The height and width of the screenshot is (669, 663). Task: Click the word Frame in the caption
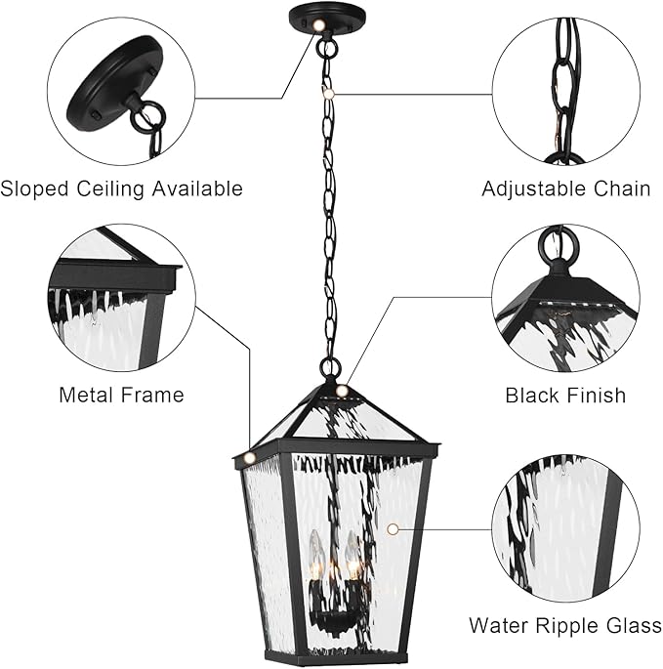(152, 396)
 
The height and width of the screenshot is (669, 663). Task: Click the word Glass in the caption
(632, 625)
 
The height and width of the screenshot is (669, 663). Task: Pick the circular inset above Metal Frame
(121, 298)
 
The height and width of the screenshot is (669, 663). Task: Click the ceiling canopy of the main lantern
(325, 18)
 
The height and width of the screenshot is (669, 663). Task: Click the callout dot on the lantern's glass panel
(393, 528)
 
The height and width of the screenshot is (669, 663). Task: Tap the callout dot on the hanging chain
(330, 89)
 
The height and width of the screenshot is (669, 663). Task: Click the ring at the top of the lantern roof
(331, 369)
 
